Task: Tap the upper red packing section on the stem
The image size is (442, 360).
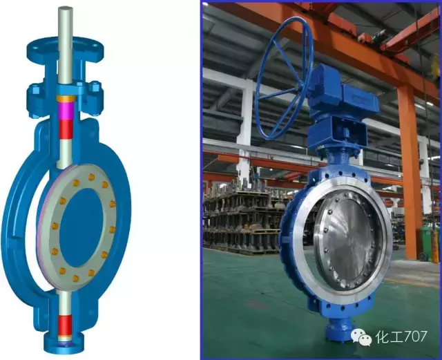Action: tap(66, 129)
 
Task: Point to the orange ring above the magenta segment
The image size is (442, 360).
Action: tap(66, 99)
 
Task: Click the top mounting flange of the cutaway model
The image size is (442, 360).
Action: tap(65, 48)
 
